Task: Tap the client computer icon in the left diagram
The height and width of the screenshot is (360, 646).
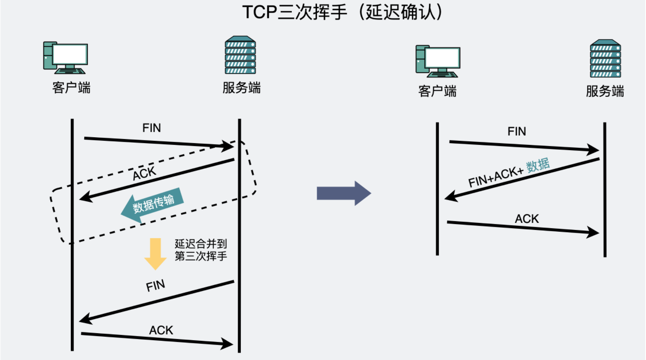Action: (65, 57)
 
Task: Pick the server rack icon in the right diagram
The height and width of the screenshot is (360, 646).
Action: (605, 59)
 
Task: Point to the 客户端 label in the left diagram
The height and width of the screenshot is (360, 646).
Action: (71, 87)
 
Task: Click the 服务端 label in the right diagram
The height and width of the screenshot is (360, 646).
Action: (605, 91)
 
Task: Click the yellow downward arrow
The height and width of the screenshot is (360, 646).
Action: (155, 253)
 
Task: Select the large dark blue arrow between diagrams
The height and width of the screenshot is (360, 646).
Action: (344, 193)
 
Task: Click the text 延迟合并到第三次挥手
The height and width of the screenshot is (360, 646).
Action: (201, 251)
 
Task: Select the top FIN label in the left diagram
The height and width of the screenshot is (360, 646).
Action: (152, 128)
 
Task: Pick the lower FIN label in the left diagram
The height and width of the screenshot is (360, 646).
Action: (156, 286)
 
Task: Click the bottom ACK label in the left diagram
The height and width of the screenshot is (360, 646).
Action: (161, 330)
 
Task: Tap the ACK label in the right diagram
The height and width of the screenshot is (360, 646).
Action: (527, 219)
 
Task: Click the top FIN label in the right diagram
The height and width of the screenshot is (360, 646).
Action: (517, 131)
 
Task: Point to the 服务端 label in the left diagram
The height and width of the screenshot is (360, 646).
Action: (242, 87)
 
